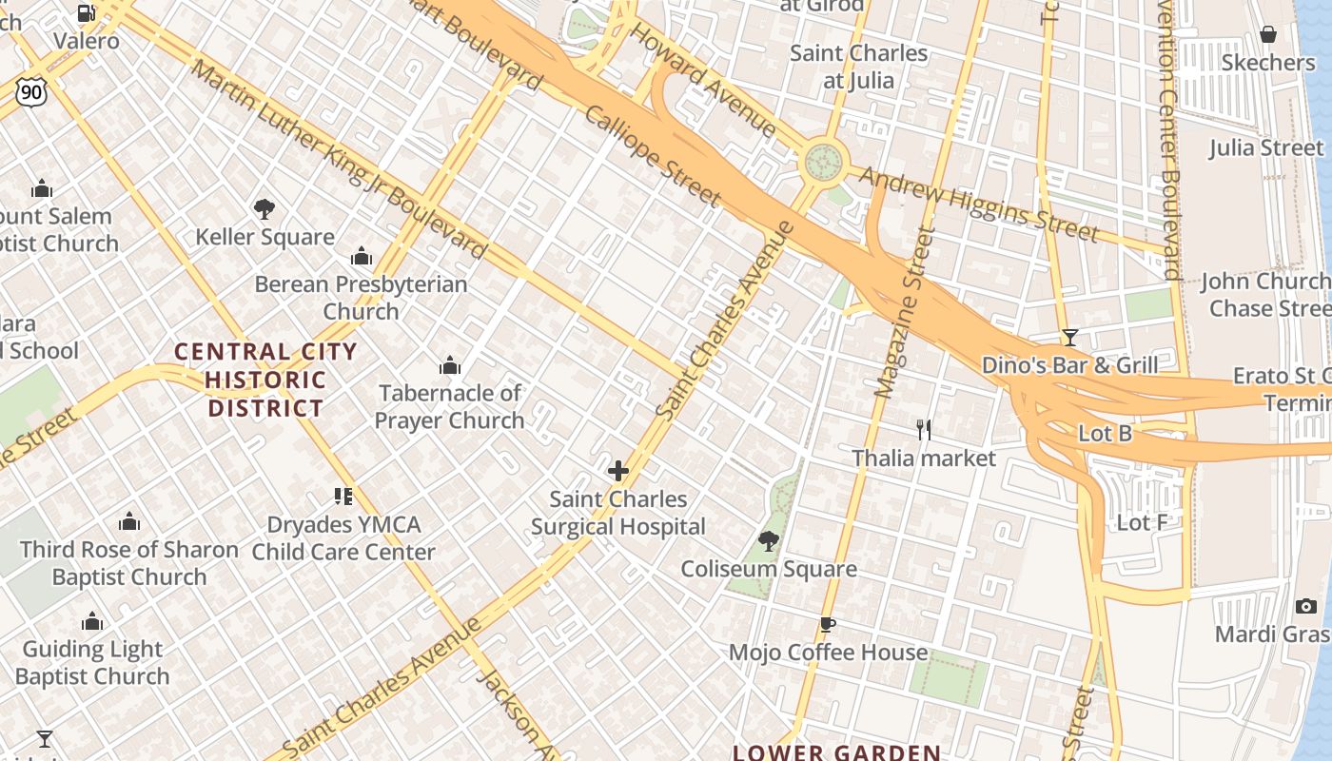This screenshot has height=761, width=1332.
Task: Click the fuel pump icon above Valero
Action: (86, 12)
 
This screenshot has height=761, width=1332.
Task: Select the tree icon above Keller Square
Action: (264, 208)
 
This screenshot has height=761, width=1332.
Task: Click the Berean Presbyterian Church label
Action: (361, 297)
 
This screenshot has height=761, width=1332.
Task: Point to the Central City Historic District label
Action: (265, 380)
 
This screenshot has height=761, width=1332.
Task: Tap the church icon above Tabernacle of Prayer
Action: (449, 365)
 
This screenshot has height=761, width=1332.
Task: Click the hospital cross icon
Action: (618, 471)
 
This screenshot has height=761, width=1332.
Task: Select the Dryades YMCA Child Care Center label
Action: (343, 537)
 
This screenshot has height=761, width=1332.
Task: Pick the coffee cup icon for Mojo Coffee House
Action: (827, 625)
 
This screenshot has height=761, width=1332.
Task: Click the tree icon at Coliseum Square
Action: (768, 542)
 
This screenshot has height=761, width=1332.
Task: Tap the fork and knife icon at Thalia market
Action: (923, 430)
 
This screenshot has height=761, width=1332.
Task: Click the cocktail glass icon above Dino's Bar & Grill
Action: (1069, 338)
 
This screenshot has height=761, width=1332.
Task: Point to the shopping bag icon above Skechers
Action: (1267, 35)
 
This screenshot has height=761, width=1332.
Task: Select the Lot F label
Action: (1142, 522)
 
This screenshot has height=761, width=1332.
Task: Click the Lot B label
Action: (1105, 434)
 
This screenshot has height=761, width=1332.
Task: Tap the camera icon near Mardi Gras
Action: (1305, 606)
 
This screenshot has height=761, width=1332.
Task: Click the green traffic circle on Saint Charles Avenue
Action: (824, 162)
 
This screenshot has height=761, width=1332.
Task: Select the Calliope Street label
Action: (652, 156)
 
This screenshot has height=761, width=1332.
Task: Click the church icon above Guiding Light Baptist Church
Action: (92, 622)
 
